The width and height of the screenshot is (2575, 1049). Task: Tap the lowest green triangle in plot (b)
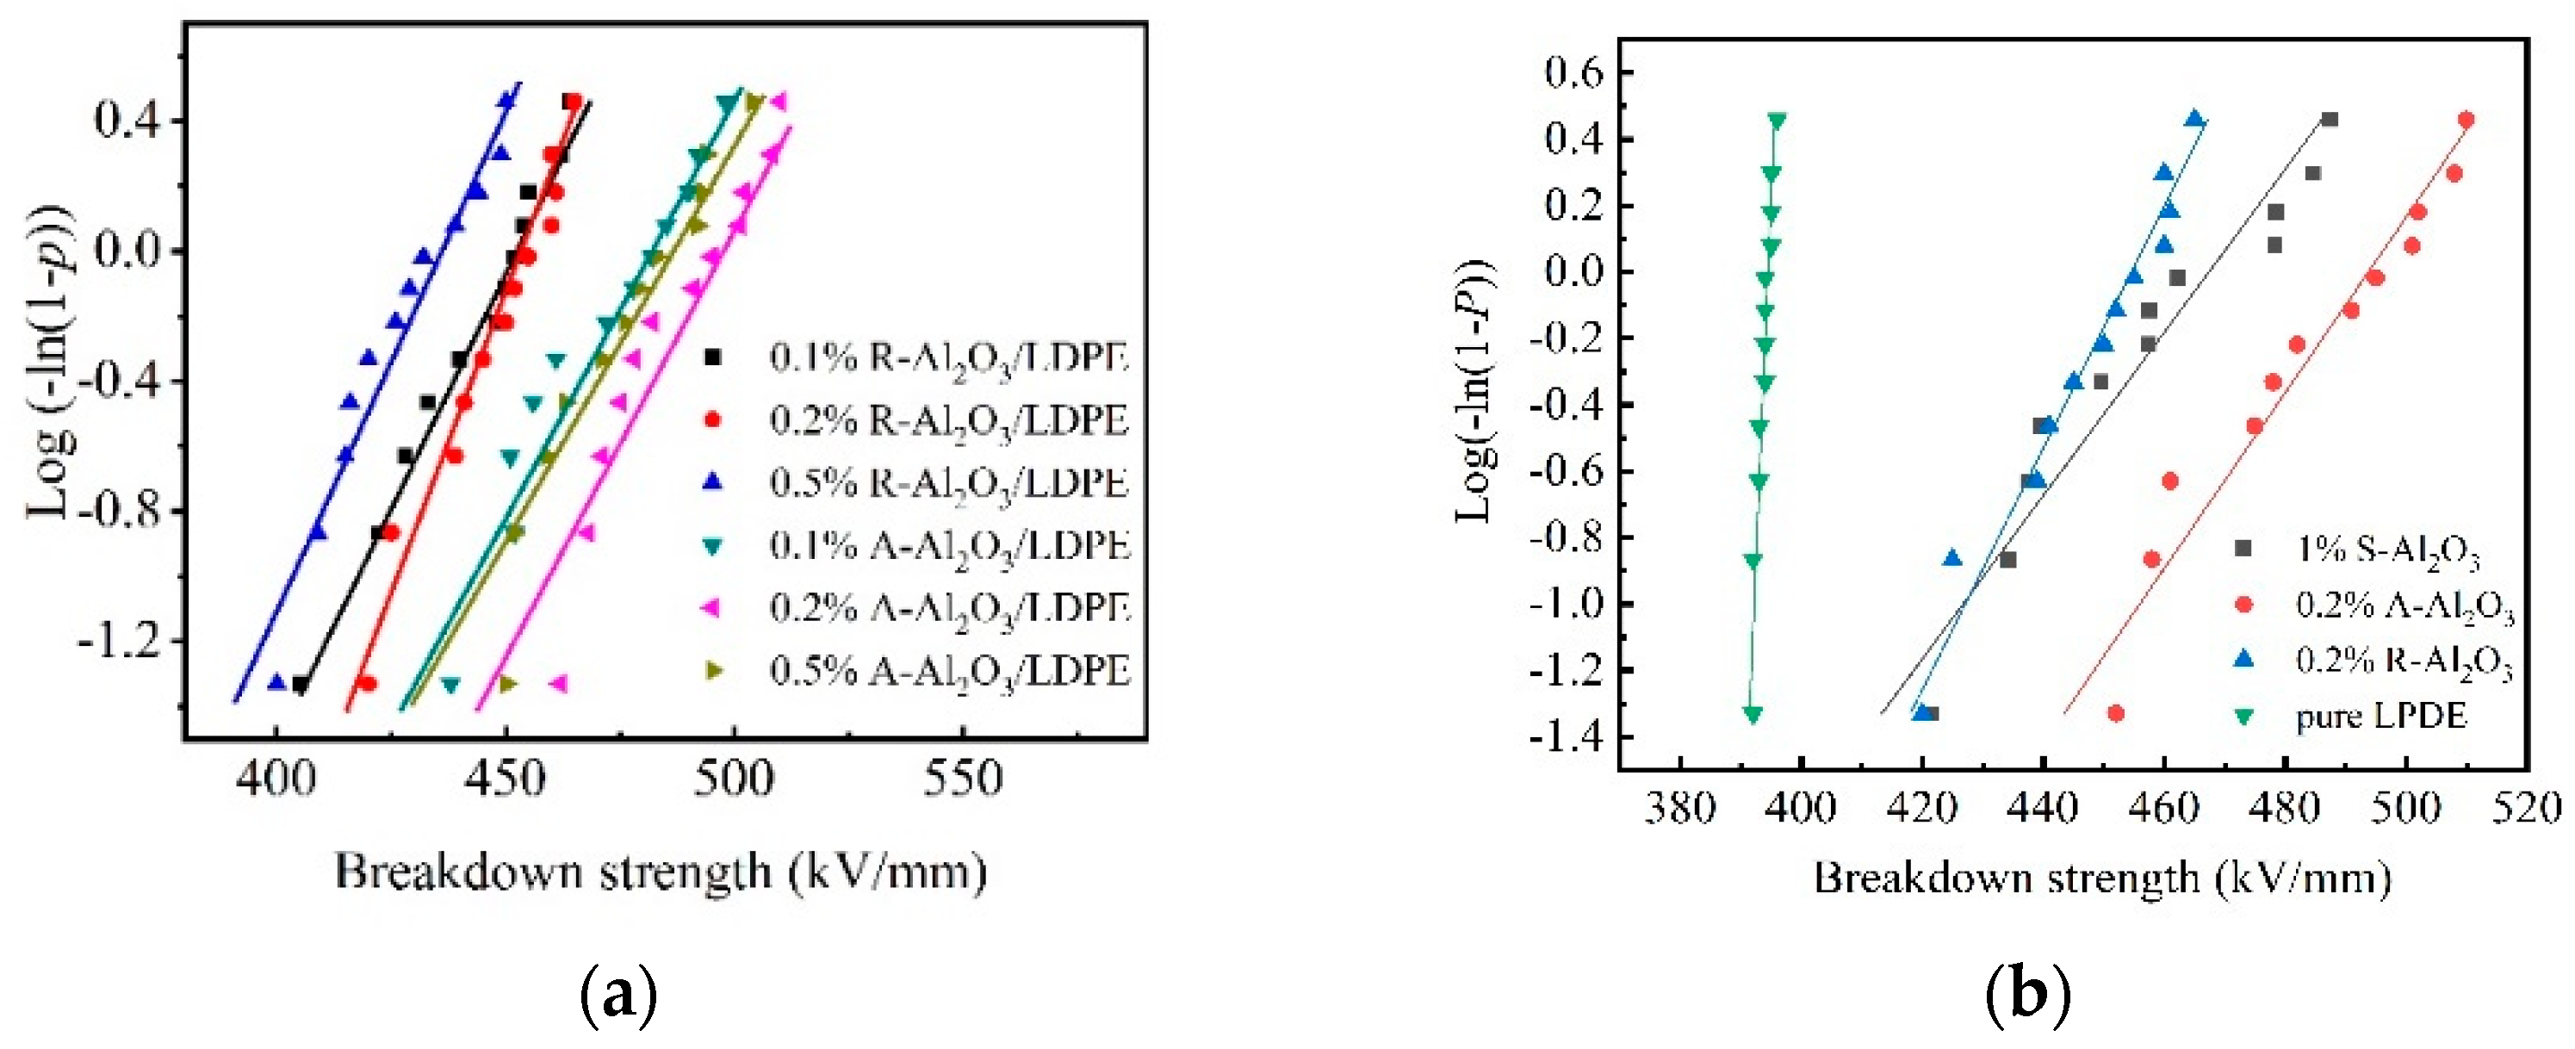pos(1753,714)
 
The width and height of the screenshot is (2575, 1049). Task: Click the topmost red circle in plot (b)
pos(2466,120)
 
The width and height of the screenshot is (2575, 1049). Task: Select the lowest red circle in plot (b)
pos(2115,713)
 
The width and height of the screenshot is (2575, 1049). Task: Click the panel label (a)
pos(618,996)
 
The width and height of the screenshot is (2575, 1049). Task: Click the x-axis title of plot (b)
pos(2102,878)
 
